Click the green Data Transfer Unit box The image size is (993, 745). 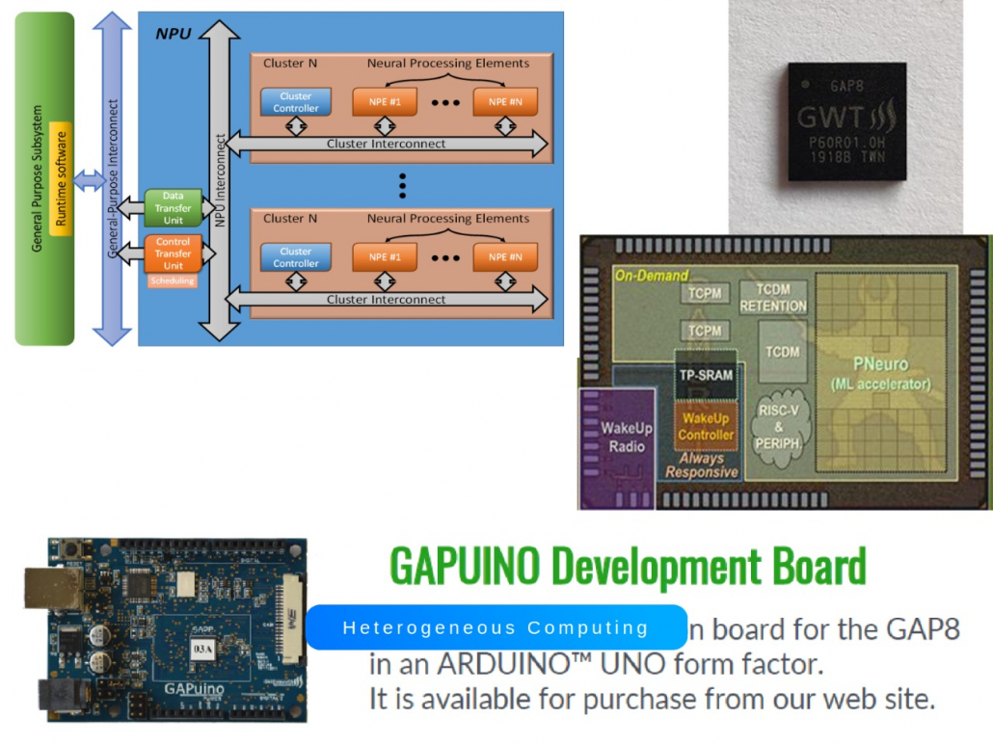(x=173, y=208)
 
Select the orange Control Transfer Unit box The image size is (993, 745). (x=173, y=253)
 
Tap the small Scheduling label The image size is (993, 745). (x=173, y=281)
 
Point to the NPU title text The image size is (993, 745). (x=174, y=34)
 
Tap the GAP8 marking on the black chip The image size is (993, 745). (x=845, y=87)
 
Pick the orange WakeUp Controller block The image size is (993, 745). (x=706, y=426)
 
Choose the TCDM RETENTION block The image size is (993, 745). (x=772, y=299)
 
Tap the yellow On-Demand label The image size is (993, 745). (x=652, y=276)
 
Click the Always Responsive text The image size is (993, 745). (x=702, y=466)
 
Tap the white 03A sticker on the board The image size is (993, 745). (x=203, y=651)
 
